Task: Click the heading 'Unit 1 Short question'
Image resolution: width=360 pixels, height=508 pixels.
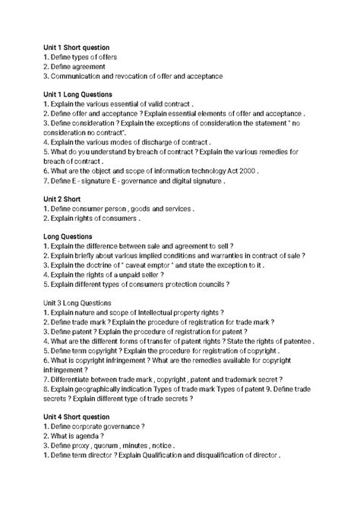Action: [x=77, y=47]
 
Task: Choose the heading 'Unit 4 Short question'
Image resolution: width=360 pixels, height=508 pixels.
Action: [x=77, y=417]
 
